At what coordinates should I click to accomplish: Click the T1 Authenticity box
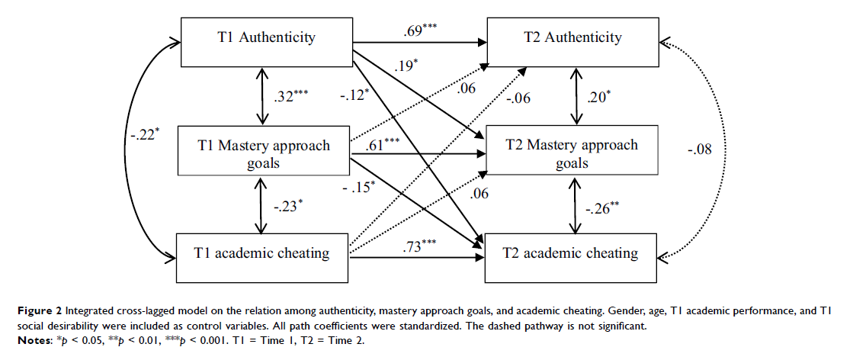[262, 37]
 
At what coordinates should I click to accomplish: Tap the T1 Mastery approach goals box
[262, 156]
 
